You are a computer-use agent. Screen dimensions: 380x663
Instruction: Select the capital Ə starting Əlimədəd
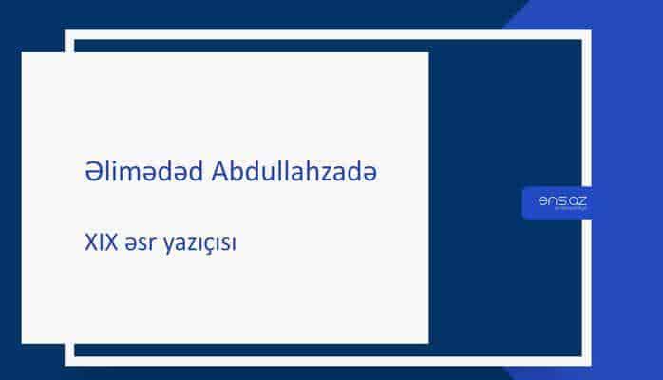90,171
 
